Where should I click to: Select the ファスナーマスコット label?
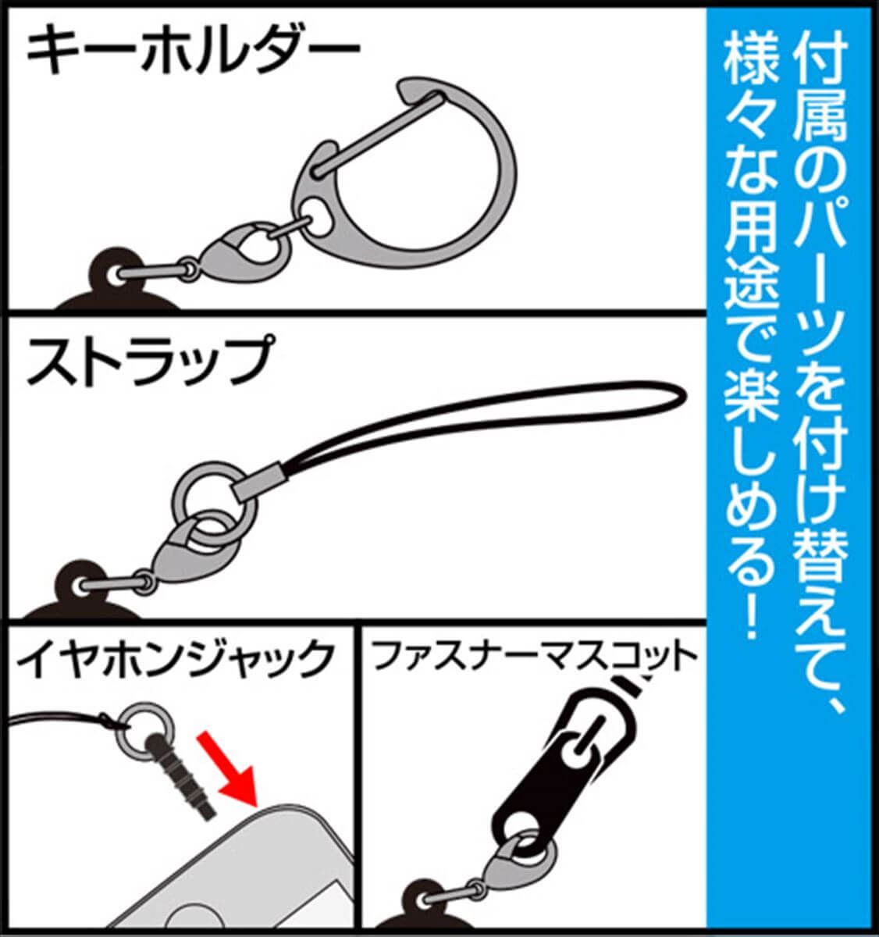(x=534, y=657)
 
